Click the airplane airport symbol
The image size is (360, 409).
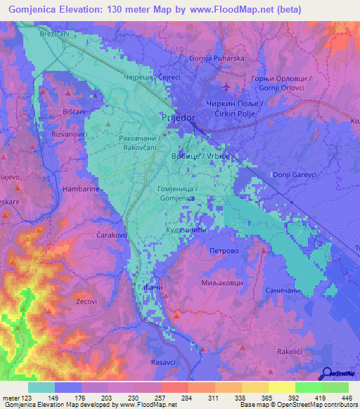225,87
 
